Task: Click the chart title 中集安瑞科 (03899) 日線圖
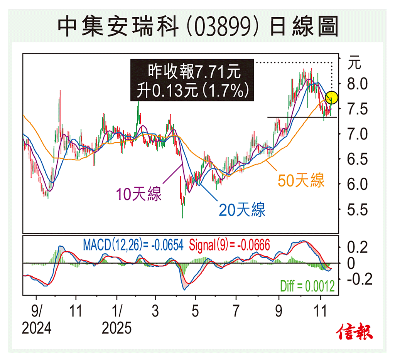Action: pyautogui.click(x=197, y=26)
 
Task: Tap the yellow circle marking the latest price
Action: pyautogui.click(x=333, y=98)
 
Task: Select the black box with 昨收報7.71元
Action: pyautogui.click(x=192, y=81)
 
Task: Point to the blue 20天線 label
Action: pyautogui.click(x=242, y=210)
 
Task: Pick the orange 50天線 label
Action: pyautogui.click(x=301, y=180)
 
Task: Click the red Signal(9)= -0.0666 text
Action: pyautogui.click(x=230, y=244)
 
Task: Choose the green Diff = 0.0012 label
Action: pyautogui.click(x=307, y=286)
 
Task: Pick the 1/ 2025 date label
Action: pyautogui.click(x=117, y=320)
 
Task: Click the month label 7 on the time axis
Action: pyautogui.click(x=236, y=311)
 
